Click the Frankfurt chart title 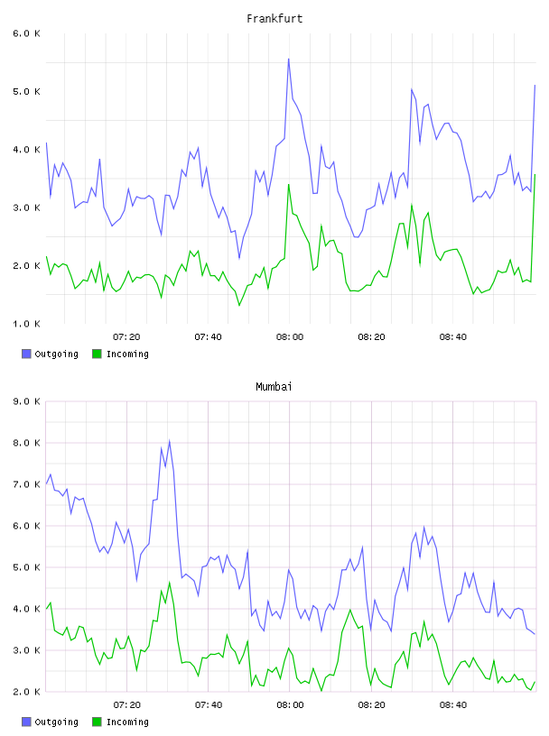click(x=274, y=19)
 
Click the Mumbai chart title click(x=274, y=387)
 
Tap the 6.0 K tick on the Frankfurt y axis click(x=26, y=33)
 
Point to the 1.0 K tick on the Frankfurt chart click(x=26, y=324)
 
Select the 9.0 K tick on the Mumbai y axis click(x=26, y=401)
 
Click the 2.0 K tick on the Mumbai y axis click(x=26, y=692)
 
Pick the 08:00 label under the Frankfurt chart click(x=290, y=337)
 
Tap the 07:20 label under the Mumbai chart click(x=127, y=705)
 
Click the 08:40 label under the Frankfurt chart click(x=453, y=337)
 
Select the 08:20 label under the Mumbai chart click(x=371, y=705)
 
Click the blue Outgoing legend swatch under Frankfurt click(x=26, y=354)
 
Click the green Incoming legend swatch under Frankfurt click(x=97, y=354)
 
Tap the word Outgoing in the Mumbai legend click(x=56, y=722)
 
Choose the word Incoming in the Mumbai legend click(x=127, y=722)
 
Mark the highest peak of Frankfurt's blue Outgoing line click(x=289, y=60)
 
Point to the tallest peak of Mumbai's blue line click(x=169, y=441)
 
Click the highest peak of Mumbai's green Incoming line click(x=169, y=583)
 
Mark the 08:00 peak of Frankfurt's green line click(x=289, y=185)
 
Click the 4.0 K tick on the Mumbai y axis click(x=26, y=609)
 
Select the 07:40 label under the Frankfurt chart click(x=208, y=337)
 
